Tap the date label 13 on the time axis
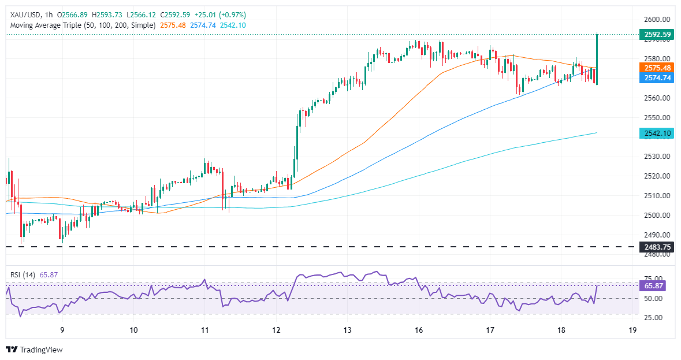click(x=347, y=330)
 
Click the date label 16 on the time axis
click(x=419, y=330)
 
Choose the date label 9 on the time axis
click(x=62, y=330)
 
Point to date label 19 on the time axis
click(x=632, y=330)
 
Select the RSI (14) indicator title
click(x=21, y=275)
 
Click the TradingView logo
click(x=34, y=350)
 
